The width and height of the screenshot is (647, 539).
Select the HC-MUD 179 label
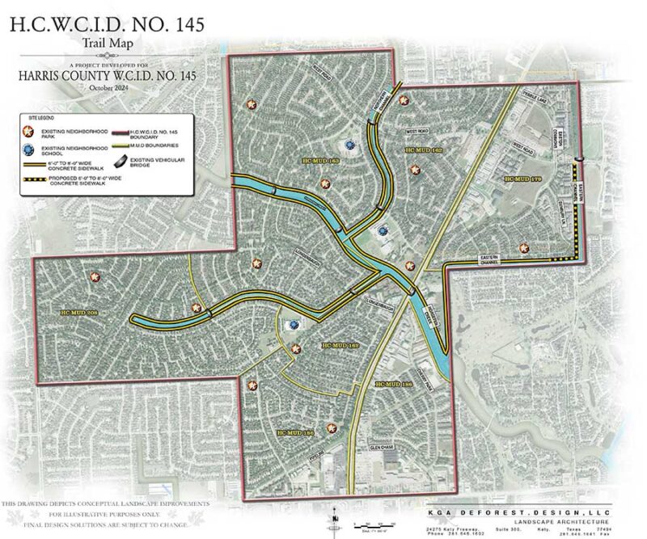tap(521, 179)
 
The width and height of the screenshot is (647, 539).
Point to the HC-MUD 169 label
tap(340, 345)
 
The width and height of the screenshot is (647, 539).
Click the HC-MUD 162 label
tap(423, 150)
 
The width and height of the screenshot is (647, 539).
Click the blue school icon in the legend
tap(31, 150)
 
